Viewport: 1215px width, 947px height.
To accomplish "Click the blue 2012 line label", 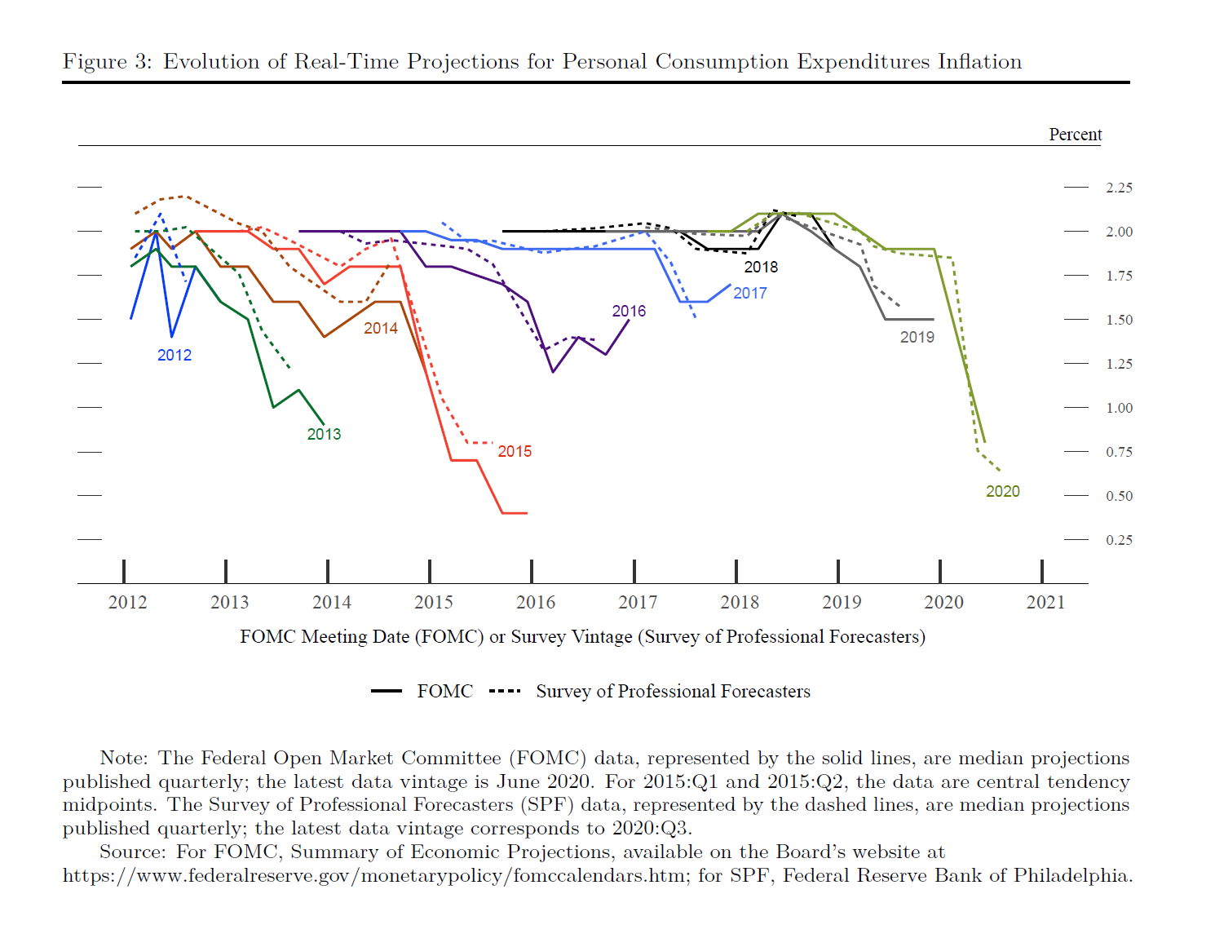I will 175,355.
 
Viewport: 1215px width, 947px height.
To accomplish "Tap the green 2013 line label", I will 324,434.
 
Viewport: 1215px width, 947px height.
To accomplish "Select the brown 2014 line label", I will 381,328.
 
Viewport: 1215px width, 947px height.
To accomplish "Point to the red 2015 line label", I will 515,451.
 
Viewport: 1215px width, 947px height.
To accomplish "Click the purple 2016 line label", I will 629,311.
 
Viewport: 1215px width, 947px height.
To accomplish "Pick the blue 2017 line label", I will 749,293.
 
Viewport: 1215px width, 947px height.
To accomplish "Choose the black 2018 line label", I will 761,267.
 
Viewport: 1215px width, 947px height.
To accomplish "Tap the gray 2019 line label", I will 917,337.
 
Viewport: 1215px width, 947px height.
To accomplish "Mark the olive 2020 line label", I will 1002,491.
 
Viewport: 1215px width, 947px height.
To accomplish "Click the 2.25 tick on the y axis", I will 1119,188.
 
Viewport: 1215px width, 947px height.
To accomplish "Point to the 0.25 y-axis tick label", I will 1119,540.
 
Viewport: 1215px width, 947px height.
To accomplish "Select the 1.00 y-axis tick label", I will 1119,408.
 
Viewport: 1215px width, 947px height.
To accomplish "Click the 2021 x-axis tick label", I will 1045,602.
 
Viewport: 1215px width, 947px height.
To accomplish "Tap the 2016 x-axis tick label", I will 536,602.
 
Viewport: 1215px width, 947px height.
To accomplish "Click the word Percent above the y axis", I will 1075,135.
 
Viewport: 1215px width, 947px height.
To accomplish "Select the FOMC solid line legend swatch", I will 387,691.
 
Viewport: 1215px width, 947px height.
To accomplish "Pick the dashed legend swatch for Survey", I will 505,691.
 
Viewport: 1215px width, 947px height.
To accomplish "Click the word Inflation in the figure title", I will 979,62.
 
